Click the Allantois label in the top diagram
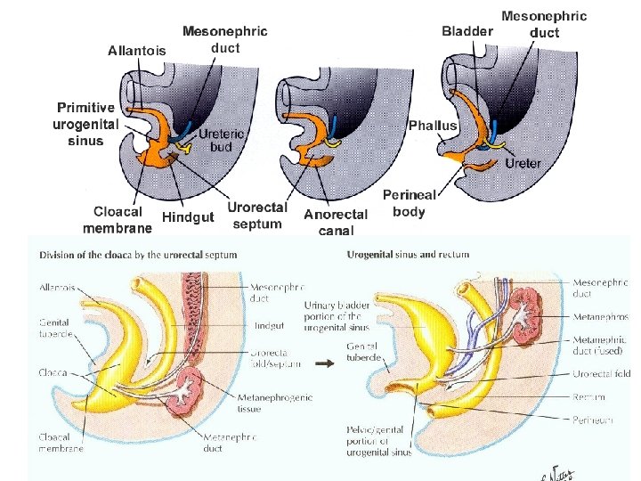pyautogui.click(x=136, y=51)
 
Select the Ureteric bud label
pyautogui.click(x=221, y=140)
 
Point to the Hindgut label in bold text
pyautogui.click(x=188, y=216)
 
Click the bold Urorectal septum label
pyautogui.click(x=257, y=216)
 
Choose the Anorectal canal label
pyautogui.click(x=336, y=222)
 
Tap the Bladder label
pyautogui.click(x=467, y=31)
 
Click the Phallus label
pyautogui.click(x=433, y=126)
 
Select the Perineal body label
pyautogui.click(x=410, y=203)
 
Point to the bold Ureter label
pyautogui.click(x=523, y=164)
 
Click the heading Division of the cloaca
pyautogui.click(x=138, y=254)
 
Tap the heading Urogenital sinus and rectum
pyautogui.click(x=408, y=254)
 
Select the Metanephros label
pyautogui.click(x=601, y=316)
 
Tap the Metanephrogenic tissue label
pyautogui.click(x=275, y=404)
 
